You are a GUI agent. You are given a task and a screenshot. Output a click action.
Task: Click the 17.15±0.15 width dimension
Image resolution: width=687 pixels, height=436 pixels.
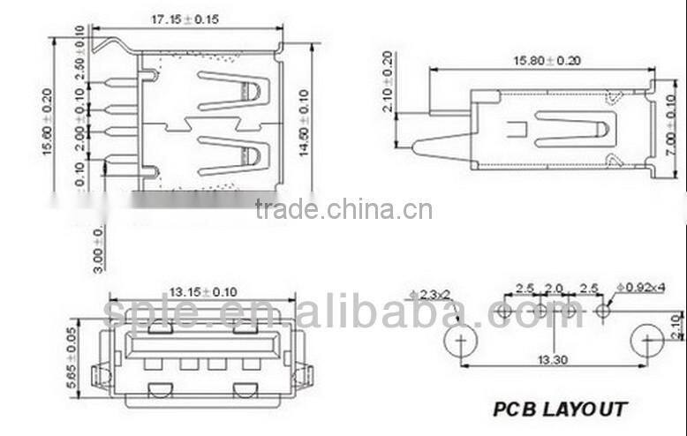(x=185, y=19)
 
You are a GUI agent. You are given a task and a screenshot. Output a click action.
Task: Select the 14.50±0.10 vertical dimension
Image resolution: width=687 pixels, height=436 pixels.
(x=305, y=123)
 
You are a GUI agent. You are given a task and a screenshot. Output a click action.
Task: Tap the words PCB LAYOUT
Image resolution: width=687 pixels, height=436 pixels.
(x=560, y=409)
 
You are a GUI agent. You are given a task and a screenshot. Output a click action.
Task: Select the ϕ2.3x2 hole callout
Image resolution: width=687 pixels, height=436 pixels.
(x=430, y=294)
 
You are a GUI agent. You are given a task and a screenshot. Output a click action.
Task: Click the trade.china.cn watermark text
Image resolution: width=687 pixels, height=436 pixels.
(x=343, y=210)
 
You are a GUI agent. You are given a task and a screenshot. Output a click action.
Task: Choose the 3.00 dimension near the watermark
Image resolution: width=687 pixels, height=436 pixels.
(x=99, y=248)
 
